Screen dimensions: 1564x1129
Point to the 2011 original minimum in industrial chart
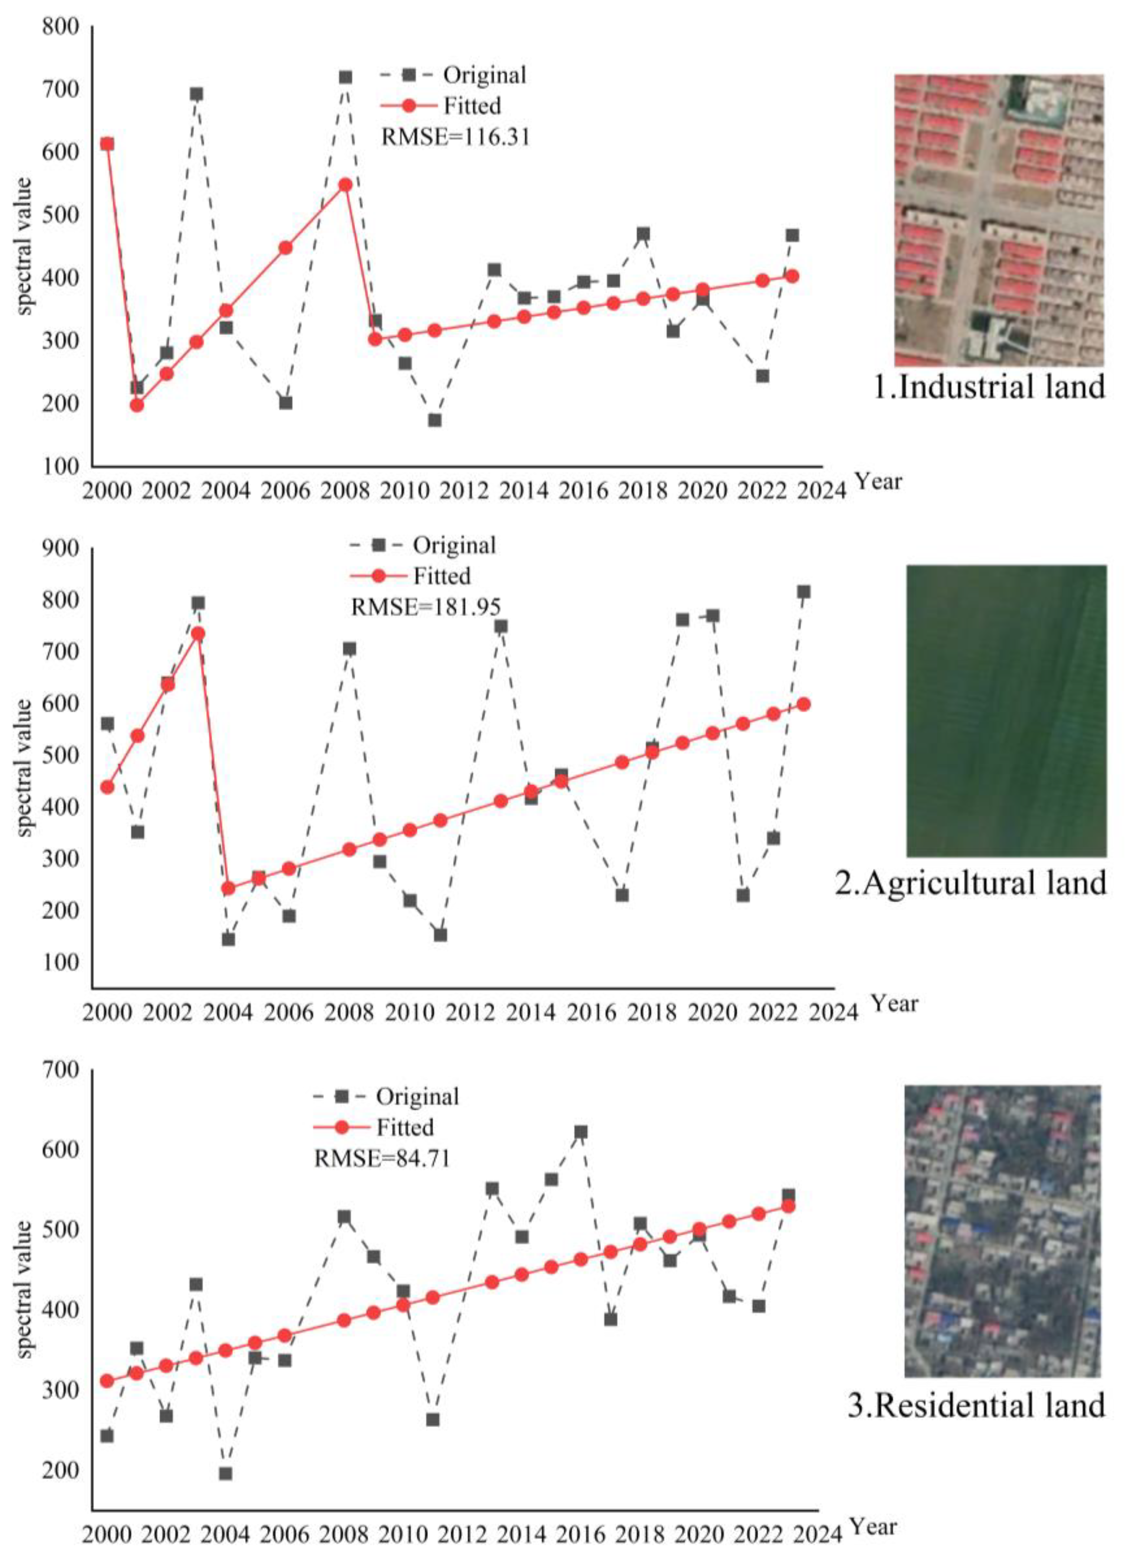(x=434, y=420)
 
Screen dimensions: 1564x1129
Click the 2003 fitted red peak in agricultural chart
(x=198, y=633)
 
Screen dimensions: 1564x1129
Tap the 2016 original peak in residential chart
(x=581, y=1132)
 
